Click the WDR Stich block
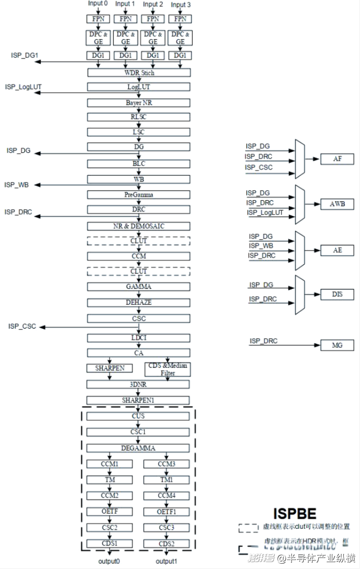[x=139, y=72]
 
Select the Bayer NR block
[x=139, y=102]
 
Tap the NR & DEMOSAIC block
[x=139, y=226]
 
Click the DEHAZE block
[x=139, y=302]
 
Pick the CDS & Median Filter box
[x=167, y=369]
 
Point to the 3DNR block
[x=139, y=384]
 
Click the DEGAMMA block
[x=139, y=448]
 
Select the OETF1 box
[x=166, y=511]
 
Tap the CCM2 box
[x=110, y=495]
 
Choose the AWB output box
[x=337, y=203]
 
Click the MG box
[x=337, y=345]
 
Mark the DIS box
[x=337, y=295]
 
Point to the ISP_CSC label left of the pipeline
[x=22, y=326]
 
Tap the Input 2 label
[x=152, y=4]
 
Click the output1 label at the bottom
[x=166, y=561]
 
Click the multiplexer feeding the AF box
[x=300, y=159]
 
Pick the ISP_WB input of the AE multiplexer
[x=260, y=246]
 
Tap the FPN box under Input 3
[x=180, y=19]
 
